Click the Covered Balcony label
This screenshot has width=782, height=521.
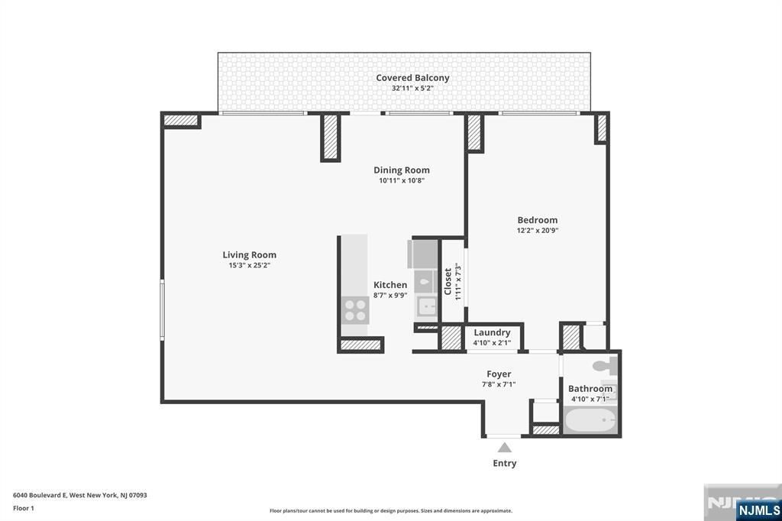point(412,78)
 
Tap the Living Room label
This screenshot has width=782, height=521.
point(250,255)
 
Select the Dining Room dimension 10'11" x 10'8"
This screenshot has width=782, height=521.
point(402,181)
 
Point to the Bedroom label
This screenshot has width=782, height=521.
point(538,220)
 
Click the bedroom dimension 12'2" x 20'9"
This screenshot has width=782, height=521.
point(538,230)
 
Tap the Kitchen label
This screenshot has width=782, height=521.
point(390,285)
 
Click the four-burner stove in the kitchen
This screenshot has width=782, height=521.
point(354,309)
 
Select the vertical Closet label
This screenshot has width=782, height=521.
point(448,280)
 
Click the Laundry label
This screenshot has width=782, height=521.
point(492,332)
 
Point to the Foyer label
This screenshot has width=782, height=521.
point(499,374)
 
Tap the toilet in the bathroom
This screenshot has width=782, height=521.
point(607,365)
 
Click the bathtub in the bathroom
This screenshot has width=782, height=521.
point(591,421)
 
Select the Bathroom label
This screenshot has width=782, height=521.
point(590,389)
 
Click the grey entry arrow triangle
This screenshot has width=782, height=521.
point(505,448)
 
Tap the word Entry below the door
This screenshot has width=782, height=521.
point(505,463)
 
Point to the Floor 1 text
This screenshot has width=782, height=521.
point(24,507)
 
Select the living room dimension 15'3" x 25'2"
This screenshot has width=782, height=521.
point(250,265)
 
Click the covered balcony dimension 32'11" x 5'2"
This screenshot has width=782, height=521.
point(412,88)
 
